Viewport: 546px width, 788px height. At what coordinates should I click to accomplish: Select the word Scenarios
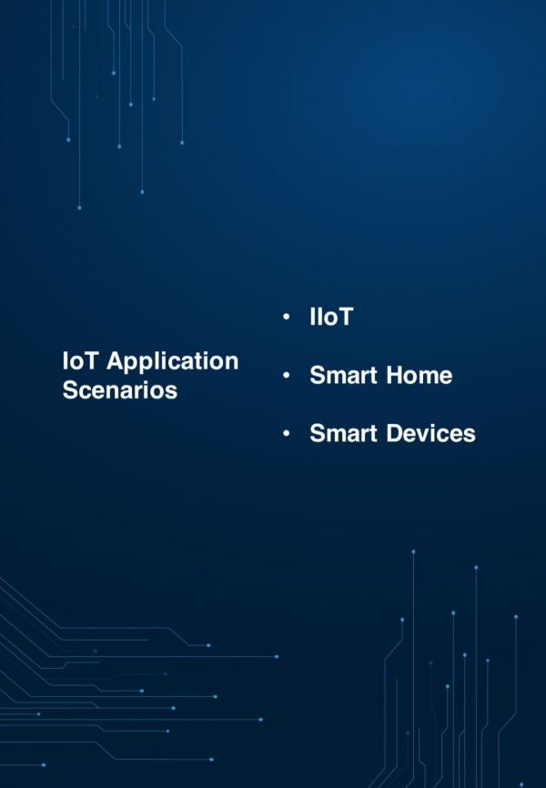119,391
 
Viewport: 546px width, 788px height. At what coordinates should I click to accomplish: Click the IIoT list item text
330,318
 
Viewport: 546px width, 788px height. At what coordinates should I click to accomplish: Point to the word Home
418,375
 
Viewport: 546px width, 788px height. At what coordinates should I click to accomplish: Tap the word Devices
430,433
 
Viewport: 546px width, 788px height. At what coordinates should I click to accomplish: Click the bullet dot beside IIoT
287,318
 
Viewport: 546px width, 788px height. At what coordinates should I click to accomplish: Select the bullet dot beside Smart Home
287,375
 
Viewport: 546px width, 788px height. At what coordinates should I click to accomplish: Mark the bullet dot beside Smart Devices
287,433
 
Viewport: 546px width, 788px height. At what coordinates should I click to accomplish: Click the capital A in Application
116,361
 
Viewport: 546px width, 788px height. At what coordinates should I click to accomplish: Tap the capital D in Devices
394,433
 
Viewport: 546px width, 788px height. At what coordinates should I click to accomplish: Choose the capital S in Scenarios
70,391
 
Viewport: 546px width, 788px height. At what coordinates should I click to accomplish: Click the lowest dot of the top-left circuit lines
79,207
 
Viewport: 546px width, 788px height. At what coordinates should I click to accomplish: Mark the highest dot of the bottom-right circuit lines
413,551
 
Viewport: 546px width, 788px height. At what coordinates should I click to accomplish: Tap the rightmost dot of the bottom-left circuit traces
277,656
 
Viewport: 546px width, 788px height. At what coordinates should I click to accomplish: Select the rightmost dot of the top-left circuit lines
182,142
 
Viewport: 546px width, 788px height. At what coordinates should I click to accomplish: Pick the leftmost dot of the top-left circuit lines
68,139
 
